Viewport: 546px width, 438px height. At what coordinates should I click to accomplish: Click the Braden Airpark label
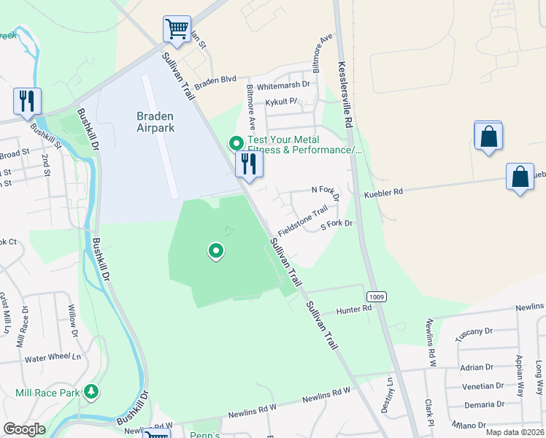[155, 121]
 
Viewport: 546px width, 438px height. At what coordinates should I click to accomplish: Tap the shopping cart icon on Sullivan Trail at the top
[177, 30]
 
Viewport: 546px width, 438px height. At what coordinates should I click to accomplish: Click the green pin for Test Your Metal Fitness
[236, 142]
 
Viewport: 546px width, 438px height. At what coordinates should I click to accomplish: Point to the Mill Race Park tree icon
[91, 392]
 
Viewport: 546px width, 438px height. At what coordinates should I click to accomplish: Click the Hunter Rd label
[354, 310]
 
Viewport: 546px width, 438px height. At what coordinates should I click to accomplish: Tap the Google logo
[24, 429]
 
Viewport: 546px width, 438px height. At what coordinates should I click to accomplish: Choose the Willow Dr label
[73, 322]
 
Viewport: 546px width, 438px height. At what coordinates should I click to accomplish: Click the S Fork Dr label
[337, 225]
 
